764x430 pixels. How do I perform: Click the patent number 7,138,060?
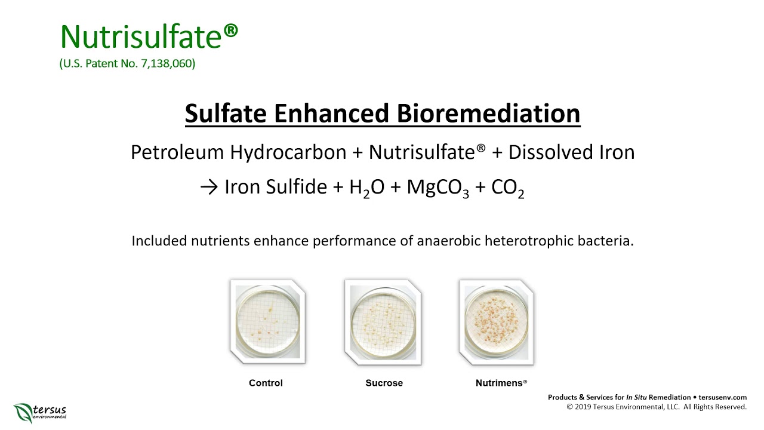[168, 63]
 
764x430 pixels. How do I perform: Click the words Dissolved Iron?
[571, 152]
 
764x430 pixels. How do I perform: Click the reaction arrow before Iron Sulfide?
[210, 188]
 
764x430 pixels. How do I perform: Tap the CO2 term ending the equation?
[507, 188]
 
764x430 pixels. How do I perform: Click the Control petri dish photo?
[267, 321]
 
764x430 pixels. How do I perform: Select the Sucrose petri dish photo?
[383, 321]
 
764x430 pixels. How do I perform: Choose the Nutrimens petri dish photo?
[497, 321]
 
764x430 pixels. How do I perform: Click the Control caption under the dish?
[266, 383]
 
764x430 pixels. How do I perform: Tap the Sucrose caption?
[384, 383]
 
